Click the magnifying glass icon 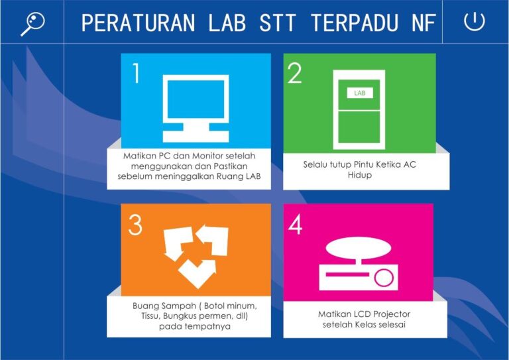32,23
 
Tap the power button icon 475,21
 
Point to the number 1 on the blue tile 136,74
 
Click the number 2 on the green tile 295,74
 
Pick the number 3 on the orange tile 135,225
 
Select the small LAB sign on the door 360,93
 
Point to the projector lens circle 383,277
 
